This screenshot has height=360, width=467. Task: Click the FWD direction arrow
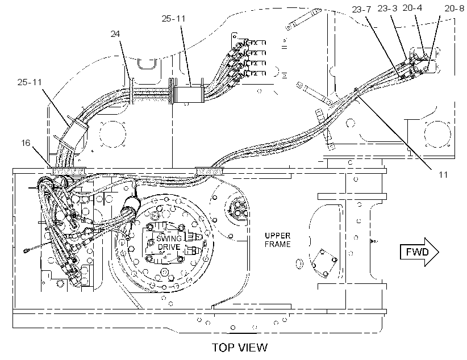coord(419,252)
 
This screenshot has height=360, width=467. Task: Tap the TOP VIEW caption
coord(240,347)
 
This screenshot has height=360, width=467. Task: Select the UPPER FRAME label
coord(278,240)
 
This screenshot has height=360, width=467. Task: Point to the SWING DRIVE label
coord(169,242)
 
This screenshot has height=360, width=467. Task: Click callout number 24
coord(115,34)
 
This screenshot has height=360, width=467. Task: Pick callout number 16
coord(26,143)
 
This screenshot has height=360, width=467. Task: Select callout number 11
coord(443,175)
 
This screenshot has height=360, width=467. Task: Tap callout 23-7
coord(361,10)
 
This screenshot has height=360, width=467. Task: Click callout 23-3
coord(387,9)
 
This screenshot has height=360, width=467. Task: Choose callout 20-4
coord(412,8)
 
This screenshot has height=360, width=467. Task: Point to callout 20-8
coord(454,9)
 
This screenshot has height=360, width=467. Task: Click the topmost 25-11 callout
coord(173,19)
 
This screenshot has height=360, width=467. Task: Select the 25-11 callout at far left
coord(30,82)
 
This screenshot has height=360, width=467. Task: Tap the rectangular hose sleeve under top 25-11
coord(188,94)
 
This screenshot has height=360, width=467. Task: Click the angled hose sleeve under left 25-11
coord(73,133)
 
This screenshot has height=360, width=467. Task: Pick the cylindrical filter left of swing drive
coord(130,207)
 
